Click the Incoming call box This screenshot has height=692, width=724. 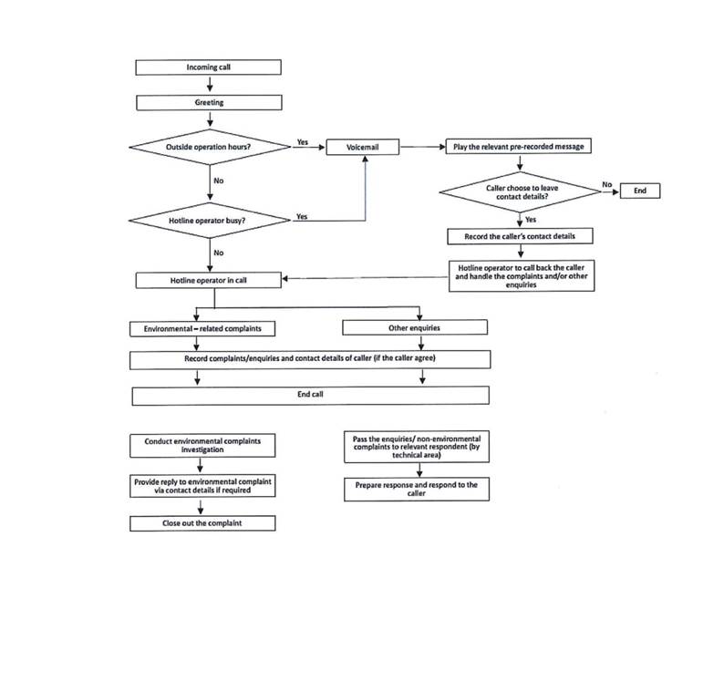coord(208,67)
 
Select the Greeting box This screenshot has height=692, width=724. coord(208,103)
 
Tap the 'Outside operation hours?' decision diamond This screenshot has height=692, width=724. coord(208,147)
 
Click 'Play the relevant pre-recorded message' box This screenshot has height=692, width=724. coord(519,147)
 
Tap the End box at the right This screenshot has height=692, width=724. coord(639,191)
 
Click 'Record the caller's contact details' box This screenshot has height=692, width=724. coord(520,236)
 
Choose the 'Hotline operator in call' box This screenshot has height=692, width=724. coord(208,280)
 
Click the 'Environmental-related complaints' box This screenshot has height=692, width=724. coord(202,327)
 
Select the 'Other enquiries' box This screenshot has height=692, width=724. coord(414,327)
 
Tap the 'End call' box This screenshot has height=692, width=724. coord(310,396)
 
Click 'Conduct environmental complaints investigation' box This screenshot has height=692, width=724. coord(202,445)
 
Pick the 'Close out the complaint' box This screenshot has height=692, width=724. coord(202,523)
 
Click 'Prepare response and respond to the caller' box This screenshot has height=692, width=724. coord(416,490)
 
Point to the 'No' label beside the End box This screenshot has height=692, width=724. coord(606,185)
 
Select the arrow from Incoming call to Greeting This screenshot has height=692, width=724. coord(208,85)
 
